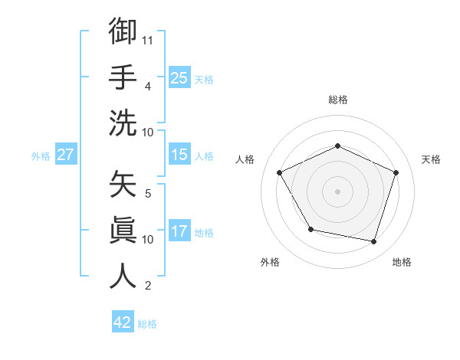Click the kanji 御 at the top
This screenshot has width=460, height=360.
(x=123, y=31)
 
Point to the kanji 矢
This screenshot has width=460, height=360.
(x=123, y=185)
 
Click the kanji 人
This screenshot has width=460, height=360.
(x=123, y=276)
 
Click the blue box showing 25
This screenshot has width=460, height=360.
(x=179, y=78)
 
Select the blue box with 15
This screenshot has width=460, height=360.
(x=179, y=155)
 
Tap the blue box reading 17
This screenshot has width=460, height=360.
(x=179, y=232)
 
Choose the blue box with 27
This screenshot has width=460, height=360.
(x=66, y=155)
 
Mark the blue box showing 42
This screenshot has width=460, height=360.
(x=123, y=322)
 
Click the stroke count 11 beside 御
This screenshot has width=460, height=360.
(x=149, y=39)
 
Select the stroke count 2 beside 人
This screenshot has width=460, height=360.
(x=147, y=286)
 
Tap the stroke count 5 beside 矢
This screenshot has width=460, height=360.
(x=147, y=193)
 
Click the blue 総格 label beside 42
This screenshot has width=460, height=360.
(x=147, y=324)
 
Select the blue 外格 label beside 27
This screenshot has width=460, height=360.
(x=41, y=156)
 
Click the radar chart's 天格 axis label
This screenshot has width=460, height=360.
(x=431, y=159)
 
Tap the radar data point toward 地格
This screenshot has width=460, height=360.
(x=374, y=242)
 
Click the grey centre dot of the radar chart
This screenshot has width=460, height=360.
(x=337, y=191)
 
